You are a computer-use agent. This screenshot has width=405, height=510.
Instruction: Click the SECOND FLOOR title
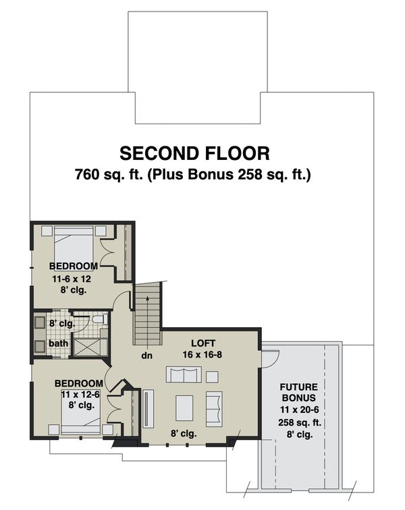(x=194, y=152)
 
